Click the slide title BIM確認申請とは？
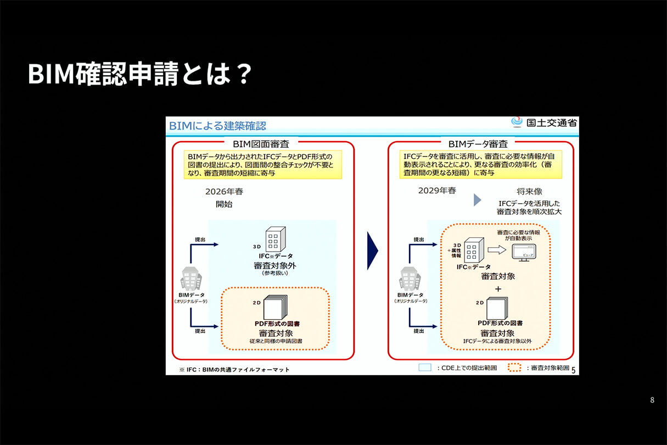pos(139,74)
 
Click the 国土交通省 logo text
pos(549,122)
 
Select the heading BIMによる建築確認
pos(218,126)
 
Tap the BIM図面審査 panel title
pos(261,144)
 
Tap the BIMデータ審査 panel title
pos(478,144)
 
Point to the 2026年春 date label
pos(224,192)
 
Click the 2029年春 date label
pos(437,191)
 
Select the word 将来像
pos(529,192)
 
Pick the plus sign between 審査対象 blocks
pos(498,289)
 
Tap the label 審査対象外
pos(273,266)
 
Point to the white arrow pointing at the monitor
pos(496,251)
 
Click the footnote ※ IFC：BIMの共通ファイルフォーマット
pos(234,369)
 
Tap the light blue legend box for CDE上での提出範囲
pos(425,368)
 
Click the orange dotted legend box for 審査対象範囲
pos(514,368)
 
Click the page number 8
pos(652,400)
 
